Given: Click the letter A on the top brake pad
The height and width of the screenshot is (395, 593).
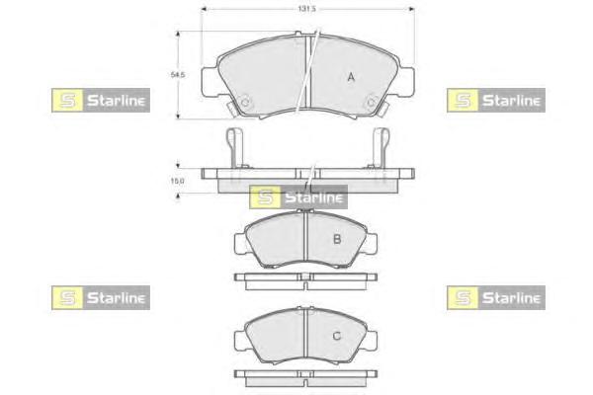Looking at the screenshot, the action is (x=351, y=77).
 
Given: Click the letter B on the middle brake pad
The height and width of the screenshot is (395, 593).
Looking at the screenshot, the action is (x=337, y=239).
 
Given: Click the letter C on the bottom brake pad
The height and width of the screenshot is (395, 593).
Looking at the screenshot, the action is (x=337, y=336).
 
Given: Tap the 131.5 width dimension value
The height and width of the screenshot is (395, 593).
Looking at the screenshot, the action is (x=306, y=9).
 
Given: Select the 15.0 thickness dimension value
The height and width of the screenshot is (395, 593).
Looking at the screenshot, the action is (x=177, y=181).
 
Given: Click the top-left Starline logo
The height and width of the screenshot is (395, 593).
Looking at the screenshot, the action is (x=101, y=100).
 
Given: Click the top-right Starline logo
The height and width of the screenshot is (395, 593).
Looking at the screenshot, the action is (x=496, y=100).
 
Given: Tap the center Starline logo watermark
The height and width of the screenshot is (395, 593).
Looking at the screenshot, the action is (x=298, y=197).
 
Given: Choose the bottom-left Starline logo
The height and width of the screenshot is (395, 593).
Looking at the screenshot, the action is (x=101, y=298).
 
